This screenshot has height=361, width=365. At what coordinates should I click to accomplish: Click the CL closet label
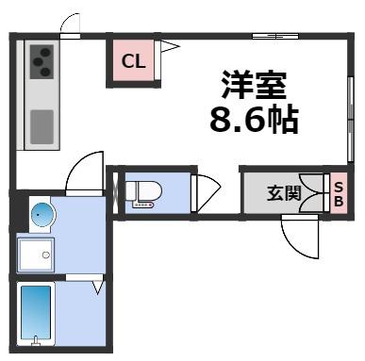(x=132, y=63)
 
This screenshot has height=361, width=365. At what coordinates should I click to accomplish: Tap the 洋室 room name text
(x=254, y=85)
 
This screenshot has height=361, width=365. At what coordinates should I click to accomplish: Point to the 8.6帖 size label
(x=253, y=121)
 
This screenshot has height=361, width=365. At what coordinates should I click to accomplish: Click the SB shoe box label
(x=339, y=194)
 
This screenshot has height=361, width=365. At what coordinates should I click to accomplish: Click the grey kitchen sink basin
(x=41, y=125)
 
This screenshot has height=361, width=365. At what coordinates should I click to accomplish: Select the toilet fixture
(x=142, y=191)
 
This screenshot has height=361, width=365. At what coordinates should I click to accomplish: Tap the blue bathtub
(x=36, y=312)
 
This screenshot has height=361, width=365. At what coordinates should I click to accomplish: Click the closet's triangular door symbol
(x=168, y=46)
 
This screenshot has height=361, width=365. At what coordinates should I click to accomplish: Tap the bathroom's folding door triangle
(x=96, y=288)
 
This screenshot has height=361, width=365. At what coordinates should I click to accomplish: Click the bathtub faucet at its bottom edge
(x=36, y=340)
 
